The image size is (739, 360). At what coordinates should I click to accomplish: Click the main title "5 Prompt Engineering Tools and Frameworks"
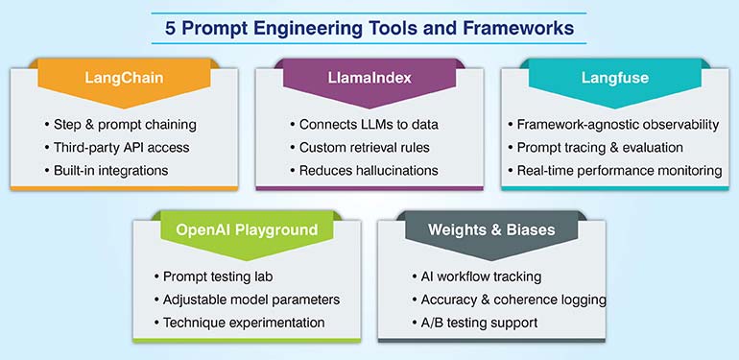(369, 28)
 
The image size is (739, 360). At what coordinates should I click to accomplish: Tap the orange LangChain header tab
(123, 76)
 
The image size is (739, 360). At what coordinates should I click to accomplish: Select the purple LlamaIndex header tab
(369, 76)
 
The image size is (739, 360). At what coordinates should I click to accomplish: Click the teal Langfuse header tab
(614, 76)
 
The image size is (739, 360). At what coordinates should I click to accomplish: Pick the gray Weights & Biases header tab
(492, 230)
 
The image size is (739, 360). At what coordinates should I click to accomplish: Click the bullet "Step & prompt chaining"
(123, 125)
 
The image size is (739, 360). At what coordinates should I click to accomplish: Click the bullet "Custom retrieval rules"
(365, 148)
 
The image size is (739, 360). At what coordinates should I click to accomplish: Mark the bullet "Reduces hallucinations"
(369, 170)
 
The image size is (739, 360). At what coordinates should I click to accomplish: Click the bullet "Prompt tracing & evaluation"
(601, 148)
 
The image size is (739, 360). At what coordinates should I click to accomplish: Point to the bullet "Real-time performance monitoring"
(620, 170)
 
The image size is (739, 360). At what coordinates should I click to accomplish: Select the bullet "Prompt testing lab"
(220, 276)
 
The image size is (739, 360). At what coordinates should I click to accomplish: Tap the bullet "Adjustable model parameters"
(251, 300)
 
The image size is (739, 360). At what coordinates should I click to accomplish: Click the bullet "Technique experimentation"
(245, 323)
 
